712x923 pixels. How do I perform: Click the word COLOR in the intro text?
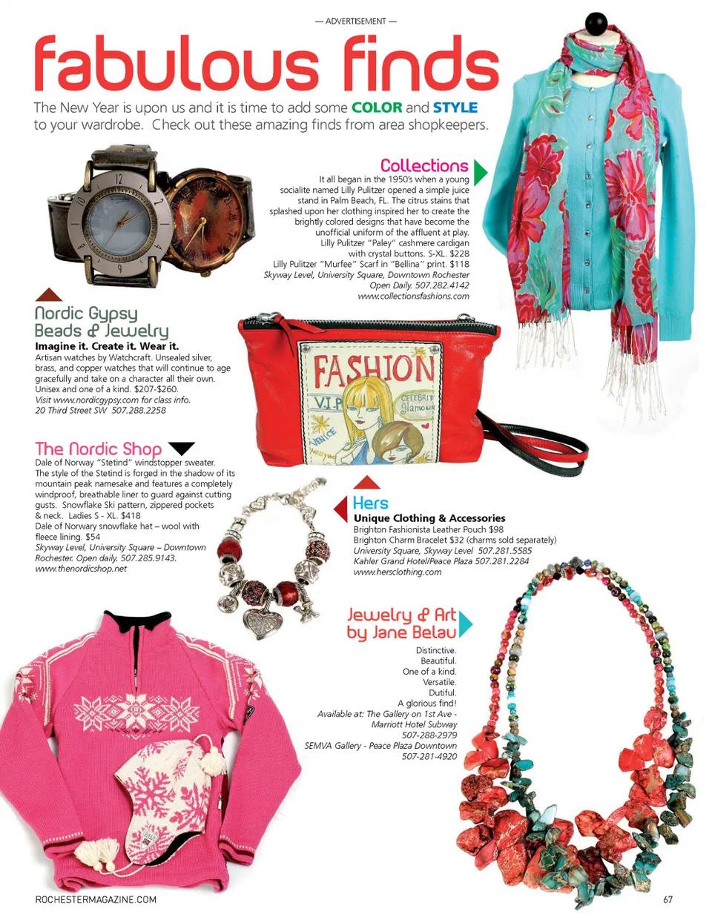[377, 107]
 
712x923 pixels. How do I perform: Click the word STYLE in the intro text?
[455, 107]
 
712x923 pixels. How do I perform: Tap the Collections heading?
[424, 165]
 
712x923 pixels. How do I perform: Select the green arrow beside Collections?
[481, 172]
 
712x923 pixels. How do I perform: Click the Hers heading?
[370, 503]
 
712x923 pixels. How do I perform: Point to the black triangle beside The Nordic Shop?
[181, 448]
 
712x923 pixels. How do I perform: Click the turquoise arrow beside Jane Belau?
[465, 624]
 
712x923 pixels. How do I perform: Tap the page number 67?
[667, 900]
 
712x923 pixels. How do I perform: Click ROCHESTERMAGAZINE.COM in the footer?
[96, 900]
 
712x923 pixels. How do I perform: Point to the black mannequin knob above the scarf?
[596, 24]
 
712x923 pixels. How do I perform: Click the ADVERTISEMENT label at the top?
[356, 21]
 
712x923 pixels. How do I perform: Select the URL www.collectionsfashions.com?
[413, 296]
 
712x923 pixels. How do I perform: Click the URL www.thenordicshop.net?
[82, 569]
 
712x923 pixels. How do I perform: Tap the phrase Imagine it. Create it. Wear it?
[107, 346]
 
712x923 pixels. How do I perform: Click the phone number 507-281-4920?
[429, 756]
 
